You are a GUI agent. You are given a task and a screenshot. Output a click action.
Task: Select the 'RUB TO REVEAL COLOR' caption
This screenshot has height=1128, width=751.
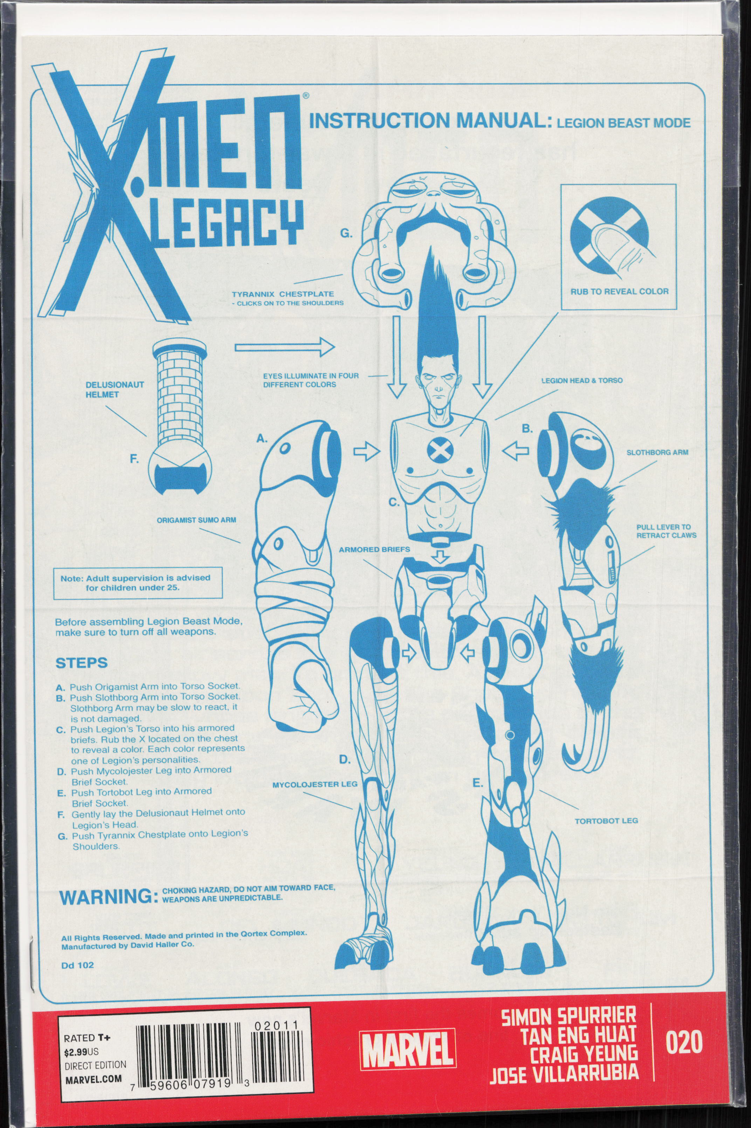coord(619,291)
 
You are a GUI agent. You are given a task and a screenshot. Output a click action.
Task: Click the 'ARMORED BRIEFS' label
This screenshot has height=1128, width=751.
coord(374,549)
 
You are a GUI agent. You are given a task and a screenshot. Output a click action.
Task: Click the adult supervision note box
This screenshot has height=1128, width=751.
coord(135,582)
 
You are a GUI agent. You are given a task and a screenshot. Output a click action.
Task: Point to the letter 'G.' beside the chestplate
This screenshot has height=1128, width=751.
coord(346,234)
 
